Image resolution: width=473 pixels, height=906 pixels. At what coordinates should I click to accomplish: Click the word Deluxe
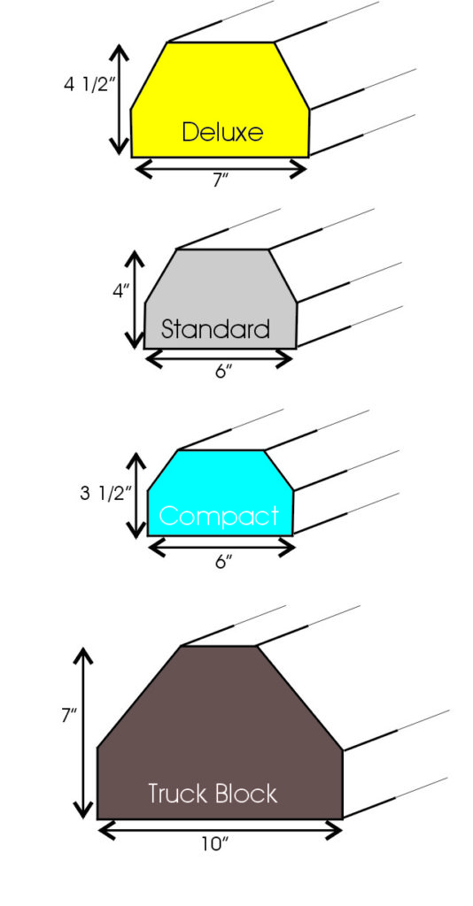coord(222,132)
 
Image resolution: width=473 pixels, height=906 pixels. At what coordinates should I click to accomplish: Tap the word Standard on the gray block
coord(215,329)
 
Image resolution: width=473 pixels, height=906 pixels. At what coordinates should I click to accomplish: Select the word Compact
coord(219,516)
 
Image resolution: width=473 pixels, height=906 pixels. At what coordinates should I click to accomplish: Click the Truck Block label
coord(213,794)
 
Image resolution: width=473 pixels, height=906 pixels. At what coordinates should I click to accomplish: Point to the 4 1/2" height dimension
coord(87,84)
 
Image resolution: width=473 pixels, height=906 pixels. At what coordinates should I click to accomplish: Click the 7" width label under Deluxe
coord(220,180)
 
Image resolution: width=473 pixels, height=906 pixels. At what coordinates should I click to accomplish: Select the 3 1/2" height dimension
coord(103,494)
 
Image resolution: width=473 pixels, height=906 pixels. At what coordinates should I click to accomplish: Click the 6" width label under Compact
coord(223,562)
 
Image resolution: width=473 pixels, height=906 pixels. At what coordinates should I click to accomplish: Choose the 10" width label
coord(215,844)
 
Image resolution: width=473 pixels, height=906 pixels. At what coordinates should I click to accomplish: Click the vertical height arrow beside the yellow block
coord(119,99)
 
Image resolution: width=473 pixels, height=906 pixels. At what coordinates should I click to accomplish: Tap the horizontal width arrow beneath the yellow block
coord(220,169)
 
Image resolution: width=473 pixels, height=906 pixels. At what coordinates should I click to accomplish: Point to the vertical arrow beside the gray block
coord(135,299)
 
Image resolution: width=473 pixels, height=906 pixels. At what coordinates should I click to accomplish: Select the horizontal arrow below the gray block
coord(219,359)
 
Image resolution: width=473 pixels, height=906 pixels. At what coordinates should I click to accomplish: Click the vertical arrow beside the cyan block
coord(136,495)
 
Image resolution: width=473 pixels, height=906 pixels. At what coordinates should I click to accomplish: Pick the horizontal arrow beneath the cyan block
coord(222,547)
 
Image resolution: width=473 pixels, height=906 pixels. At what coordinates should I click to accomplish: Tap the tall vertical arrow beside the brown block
coord(84,733)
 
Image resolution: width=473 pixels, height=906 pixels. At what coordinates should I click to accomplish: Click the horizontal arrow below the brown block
coord(221,831)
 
